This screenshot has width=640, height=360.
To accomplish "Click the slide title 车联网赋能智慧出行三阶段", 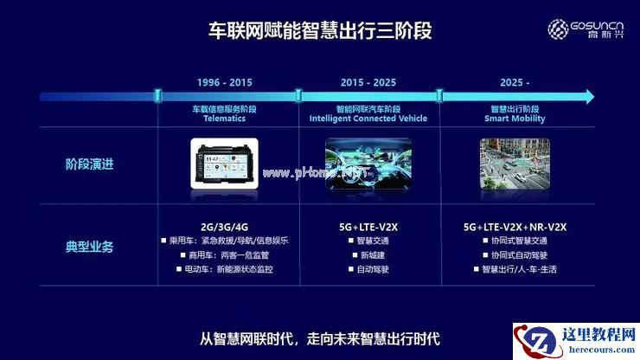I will (321, 31).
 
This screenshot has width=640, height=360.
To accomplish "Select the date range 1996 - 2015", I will (224, 82).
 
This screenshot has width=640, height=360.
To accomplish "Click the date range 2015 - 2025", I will (368, 82).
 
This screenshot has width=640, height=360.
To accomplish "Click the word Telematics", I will (224, 119).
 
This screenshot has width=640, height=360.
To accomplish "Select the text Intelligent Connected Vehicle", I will (368, 119).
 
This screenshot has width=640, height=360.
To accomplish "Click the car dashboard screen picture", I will (224, 162).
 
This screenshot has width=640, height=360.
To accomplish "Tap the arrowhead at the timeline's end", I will (588, 95).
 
